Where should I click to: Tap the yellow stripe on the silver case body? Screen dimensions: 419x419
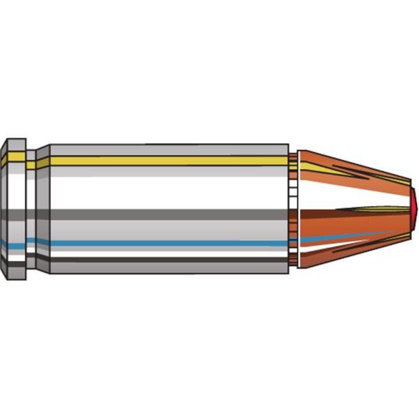[x=168, y=161]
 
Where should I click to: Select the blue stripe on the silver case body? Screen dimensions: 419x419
[x=168, y=244]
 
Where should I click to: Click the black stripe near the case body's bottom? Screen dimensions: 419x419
[x=168, y=260]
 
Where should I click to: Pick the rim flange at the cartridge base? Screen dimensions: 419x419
[x=14, y=209]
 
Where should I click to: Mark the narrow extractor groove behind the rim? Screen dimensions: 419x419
[x=31, y=209]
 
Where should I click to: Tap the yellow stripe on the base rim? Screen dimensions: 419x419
[x=14, y=160]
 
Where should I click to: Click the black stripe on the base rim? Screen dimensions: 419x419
[x=14, y=260]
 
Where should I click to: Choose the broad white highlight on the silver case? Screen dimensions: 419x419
[x=168, y=189]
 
